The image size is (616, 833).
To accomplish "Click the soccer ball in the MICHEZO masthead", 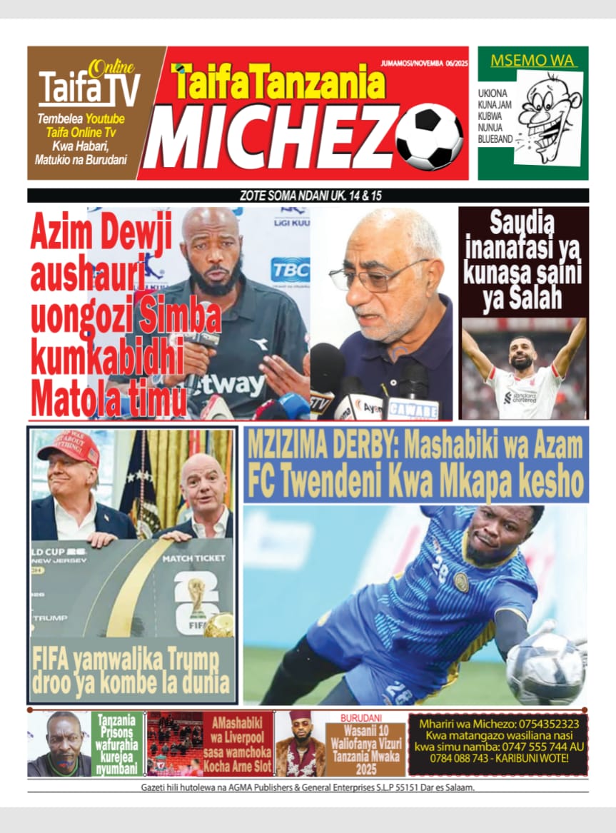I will (430, 137).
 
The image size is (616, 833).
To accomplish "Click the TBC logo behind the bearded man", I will (290, 270).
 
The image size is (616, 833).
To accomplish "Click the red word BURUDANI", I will (361, 717).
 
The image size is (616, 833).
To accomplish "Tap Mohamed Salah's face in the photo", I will (522, 353).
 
